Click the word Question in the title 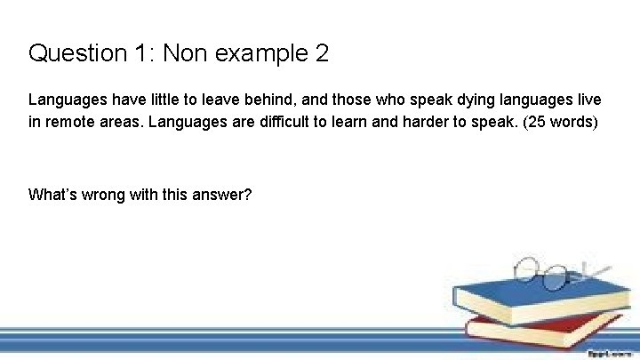78,54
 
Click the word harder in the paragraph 438,121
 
